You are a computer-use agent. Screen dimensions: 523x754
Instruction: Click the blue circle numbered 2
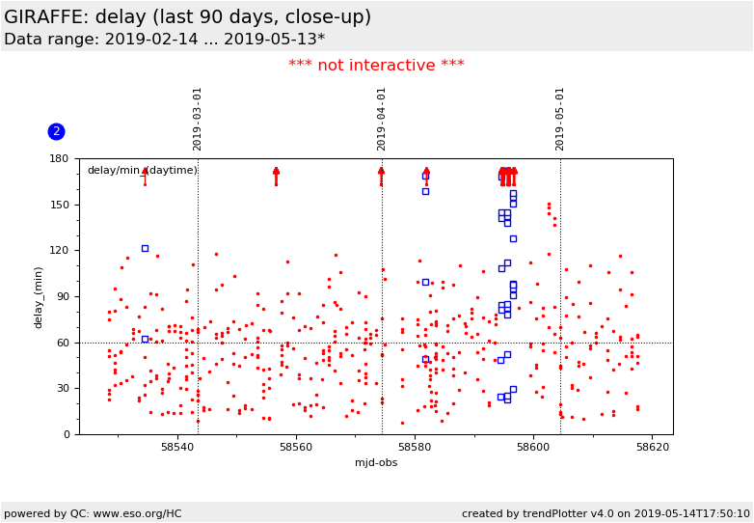[56, 131]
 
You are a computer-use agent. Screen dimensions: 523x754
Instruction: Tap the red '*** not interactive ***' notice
[376, 66]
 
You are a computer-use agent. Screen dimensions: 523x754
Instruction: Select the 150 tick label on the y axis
[59, 205]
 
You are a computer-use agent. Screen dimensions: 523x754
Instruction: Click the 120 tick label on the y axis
[59, 251]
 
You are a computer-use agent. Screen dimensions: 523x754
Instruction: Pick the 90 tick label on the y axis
[63, 296]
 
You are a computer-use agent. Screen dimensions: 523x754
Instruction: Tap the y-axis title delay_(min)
[40, 296]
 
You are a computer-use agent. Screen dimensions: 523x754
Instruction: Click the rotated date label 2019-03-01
[198, 119]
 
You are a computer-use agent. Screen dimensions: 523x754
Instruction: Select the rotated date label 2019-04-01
[382, 119]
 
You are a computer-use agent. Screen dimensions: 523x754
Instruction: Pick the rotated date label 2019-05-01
[560, 119]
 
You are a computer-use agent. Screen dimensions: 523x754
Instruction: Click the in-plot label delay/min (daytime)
[142, 171]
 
